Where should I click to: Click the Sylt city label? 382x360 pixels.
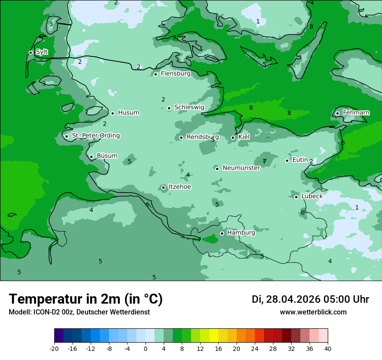click(42, 52)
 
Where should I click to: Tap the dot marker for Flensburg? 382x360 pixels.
click(155, 74)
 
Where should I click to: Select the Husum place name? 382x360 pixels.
click(128, 113)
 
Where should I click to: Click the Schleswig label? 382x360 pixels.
click(189, 107)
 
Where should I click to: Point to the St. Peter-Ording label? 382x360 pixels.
click(95, 136)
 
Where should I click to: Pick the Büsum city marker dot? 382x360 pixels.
click(91, 157)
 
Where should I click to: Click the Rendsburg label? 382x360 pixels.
click(203, 137)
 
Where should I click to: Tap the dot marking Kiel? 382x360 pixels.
click(233, 137)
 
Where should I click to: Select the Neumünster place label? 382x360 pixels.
click(241, 168)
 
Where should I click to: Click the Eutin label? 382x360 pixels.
click(300, 160)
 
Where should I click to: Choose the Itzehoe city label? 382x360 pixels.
click(180, 187)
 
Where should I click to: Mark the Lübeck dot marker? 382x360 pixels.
click(296, 197)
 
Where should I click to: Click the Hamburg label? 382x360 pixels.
click(241, 233)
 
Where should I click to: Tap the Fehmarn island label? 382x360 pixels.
click(356, 113)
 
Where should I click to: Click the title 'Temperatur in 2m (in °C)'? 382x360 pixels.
click(86, 299)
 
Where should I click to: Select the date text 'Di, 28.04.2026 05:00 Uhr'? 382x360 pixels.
click(310, 299)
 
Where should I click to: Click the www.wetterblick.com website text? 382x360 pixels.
click(313, 312)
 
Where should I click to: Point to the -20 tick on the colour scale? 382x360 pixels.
click(54, 348)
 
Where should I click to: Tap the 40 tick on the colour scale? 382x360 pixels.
click(327, 348)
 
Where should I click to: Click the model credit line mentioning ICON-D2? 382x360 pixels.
click(79, 312)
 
